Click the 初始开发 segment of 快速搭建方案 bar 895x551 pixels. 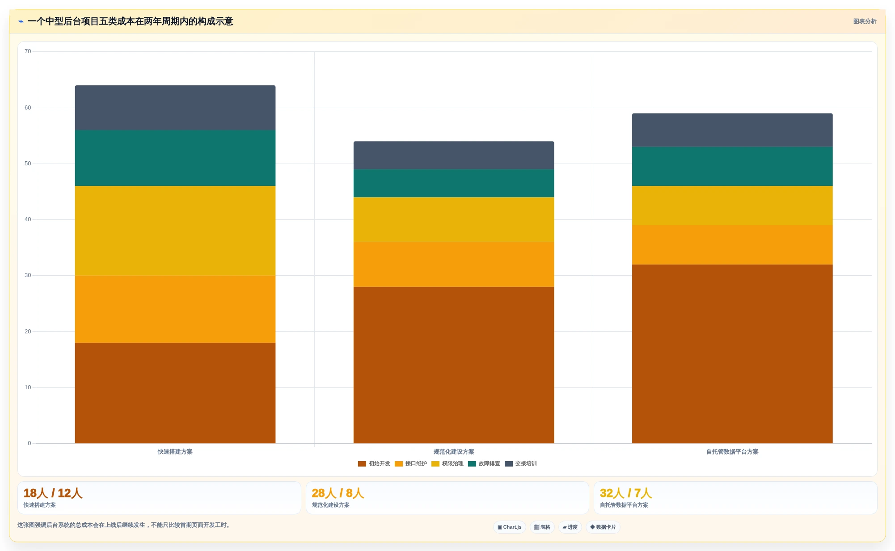175,393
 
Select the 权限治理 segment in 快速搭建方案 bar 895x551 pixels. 175,231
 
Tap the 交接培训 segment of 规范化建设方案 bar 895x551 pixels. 454,155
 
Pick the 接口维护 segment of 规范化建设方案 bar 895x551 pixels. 454,264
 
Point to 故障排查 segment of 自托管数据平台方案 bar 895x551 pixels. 732,166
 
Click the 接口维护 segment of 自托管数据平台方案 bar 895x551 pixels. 732,245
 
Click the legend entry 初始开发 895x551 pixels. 374,464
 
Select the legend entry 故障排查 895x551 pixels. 484,464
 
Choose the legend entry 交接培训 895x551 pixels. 521,464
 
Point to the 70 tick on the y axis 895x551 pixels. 28,51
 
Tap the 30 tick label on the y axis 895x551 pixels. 28,275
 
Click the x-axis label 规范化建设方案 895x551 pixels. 454,452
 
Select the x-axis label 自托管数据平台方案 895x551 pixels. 732,452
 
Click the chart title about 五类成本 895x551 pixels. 131,21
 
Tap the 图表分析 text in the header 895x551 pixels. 865,21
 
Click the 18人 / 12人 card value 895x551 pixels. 53,493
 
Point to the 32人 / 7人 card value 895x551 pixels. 626,493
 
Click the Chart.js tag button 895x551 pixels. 510,527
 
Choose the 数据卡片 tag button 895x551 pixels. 603,527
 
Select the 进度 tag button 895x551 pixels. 570,527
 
